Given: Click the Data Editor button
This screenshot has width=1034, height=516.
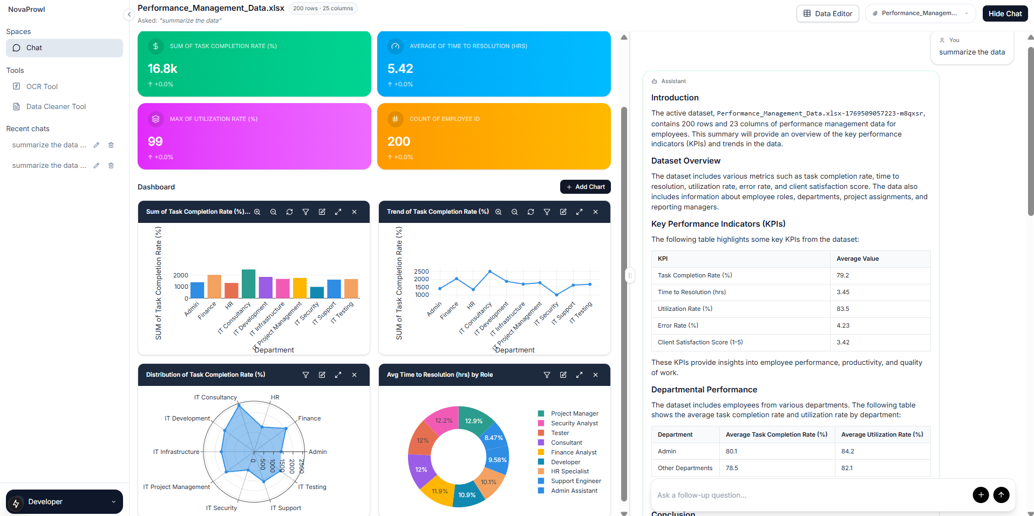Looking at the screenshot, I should coord(827,13).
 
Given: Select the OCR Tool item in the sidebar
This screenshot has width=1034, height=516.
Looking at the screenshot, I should coord(42,86).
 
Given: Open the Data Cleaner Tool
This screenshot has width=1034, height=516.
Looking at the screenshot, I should coord(56,106).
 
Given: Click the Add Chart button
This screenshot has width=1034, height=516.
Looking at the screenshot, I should coord(585,187).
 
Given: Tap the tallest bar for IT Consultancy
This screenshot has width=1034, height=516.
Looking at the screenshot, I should coord(248,283).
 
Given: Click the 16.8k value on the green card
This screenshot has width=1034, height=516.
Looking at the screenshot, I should coord(162,69).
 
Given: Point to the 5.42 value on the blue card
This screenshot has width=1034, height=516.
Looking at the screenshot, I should coord(400,69).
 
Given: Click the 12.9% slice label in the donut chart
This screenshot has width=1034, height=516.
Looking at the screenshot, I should coord(473,421).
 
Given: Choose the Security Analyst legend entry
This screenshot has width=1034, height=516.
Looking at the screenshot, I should coord(574,423).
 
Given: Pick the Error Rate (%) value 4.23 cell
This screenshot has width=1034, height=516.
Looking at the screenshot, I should coord(843,325).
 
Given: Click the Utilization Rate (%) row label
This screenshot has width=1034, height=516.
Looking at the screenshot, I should coord(685,309).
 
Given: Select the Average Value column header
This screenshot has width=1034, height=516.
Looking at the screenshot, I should coord(858,259).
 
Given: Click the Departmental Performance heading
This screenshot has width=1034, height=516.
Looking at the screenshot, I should coord(704,390).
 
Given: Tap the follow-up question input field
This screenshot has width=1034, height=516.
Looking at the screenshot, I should coord(809,495).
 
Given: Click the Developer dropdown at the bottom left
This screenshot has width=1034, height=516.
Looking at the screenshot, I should coord(64,502).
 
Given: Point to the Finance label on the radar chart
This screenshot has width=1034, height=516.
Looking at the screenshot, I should coord(309,418).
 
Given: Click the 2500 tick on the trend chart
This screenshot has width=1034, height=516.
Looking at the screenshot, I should coord(421,271).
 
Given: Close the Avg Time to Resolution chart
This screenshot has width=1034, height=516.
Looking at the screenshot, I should coord(595,375).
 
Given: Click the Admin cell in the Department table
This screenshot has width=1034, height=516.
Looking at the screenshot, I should coord(666,451).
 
